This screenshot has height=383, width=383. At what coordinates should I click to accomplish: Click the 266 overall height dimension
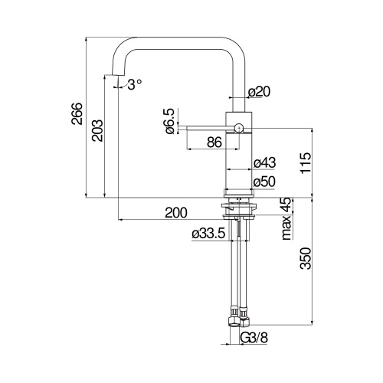77,113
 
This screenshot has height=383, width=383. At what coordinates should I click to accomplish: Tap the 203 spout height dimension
97,130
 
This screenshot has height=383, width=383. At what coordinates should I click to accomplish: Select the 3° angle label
135,84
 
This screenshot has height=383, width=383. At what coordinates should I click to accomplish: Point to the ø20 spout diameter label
259,92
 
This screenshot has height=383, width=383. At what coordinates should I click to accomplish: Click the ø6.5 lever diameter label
170,121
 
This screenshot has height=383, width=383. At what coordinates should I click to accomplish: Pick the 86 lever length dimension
214,142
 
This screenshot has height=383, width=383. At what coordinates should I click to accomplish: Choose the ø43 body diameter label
265,162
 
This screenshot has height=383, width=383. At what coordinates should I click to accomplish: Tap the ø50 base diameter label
264,182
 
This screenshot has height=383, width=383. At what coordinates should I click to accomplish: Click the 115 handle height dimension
306,163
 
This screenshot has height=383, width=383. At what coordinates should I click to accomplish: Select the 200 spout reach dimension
176,212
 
